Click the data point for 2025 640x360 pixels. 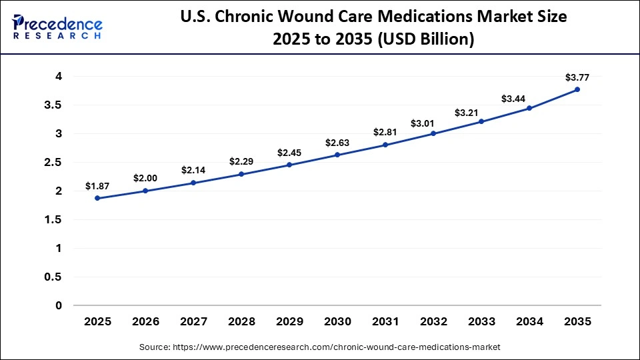(97, 198)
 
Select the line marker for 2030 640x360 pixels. (337, 155)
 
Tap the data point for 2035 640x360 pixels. (577, 89)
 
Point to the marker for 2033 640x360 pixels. (481, 121)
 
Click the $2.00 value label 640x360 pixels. (145, 178)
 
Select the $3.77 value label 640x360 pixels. (577, 77)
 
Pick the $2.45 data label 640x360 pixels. (289, 152)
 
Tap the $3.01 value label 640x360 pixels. (433, 123)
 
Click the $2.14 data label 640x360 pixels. (193, 170)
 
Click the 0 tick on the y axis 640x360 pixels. (59, 305)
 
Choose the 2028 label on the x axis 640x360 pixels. (241, 321)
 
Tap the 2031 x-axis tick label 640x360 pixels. (385, 321)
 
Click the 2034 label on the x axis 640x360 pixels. (529, 321)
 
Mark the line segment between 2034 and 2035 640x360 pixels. (553, 99)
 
